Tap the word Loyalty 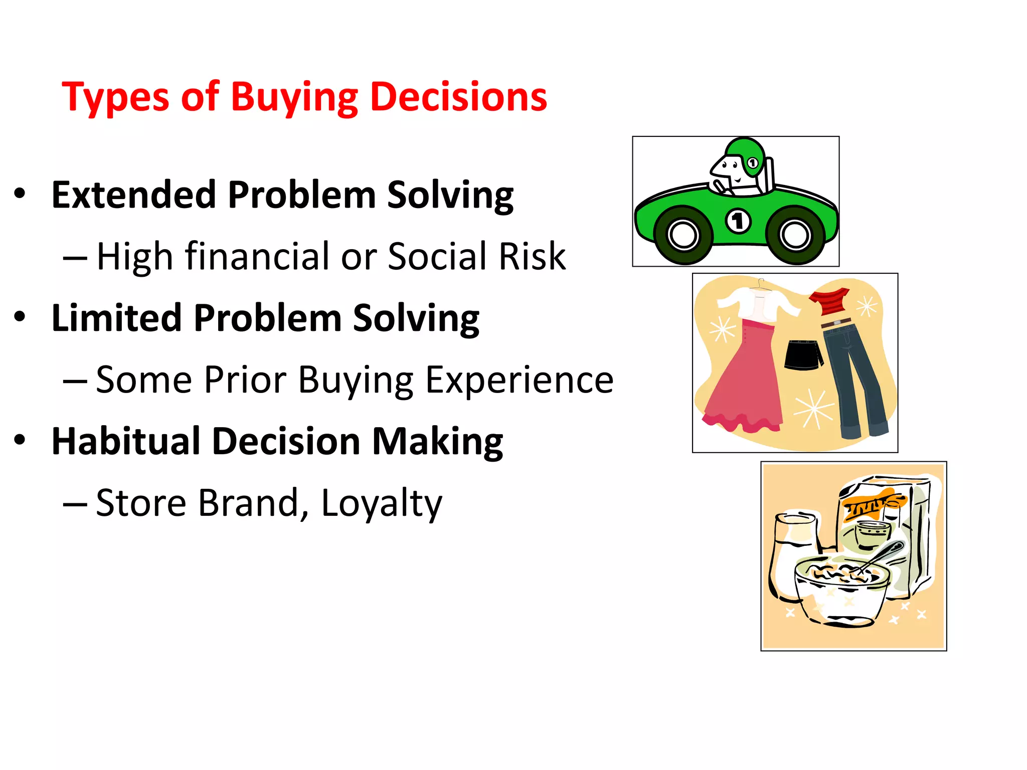(381, 503)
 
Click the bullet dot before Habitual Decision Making (20, 440)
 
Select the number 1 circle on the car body (738, 221)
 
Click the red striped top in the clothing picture (830, 301)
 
